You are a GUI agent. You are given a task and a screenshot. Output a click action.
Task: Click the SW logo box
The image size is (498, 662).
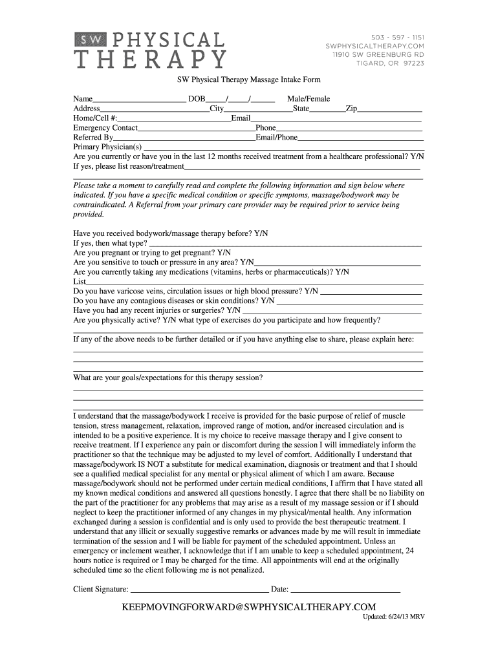[86, 40]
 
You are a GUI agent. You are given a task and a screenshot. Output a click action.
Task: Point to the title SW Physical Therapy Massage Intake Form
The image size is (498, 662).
[249, 80]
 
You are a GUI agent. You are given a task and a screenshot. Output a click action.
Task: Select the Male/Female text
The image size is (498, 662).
[309, 99]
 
